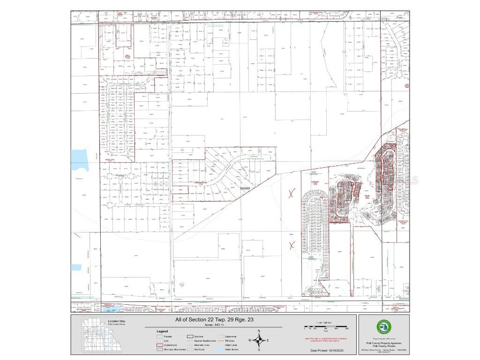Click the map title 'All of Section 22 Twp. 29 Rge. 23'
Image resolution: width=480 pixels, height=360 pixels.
(x=213, y=320)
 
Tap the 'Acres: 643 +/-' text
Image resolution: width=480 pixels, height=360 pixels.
(x=213, y=324)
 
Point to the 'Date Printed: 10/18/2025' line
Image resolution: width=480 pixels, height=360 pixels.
(x=327, y=350)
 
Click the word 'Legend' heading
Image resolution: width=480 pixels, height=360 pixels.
(x=162, y=331)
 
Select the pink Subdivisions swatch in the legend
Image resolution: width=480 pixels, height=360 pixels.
(x=160, y=345)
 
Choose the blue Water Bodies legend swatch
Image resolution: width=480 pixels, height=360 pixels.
(x=221, y=349)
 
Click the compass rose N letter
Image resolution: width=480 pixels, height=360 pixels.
(x=259, y=331)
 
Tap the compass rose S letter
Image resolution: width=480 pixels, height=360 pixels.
(x=259, y=350)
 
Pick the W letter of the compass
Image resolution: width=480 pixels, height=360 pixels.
(x=250, y=341)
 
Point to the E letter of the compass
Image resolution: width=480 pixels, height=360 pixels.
(x=268, y=341)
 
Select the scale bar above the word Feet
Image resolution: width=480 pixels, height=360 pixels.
(x=326, y=326)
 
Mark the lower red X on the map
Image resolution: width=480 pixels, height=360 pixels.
(x=292, y=244)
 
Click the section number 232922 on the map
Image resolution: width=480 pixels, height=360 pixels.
(x=245, y=188)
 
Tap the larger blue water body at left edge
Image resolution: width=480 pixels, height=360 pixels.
(x=79, y=160)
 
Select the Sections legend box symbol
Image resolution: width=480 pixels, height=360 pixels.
(x=190, y=336)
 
